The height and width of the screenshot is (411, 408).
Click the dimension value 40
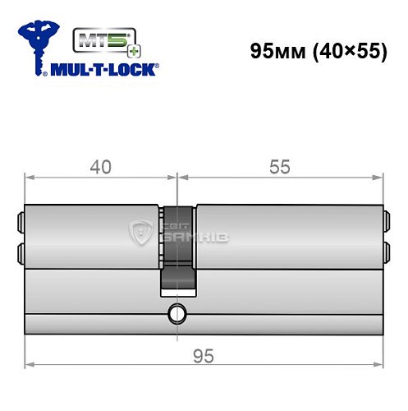pos(100,168)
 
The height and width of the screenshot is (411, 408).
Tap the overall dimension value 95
pos(204,356)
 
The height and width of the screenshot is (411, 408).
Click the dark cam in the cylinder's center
pos(177,247)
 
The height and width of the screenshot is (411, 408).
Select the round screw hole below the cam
pos(176,312)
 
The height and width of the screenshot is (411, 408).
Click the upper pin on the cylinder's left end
pos(21,220)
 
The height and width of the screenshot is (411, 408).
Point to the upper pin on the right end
pos(386,220)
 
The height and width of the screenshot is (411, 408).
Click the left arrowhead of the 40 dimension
pos(30,176)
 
